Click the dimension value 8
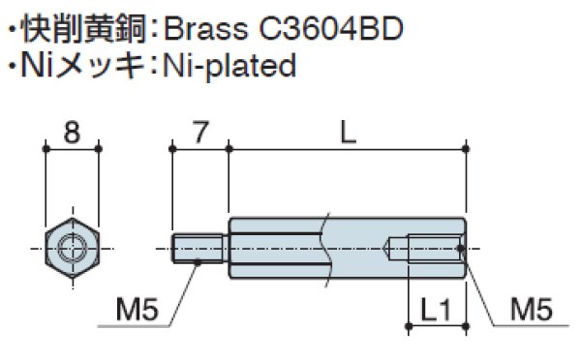[x=71, y=132]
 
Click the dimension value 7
[x=199, y=132]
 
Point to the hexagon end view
[x=71, y=248]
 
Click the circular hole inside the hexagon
[x=71, y=248]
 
